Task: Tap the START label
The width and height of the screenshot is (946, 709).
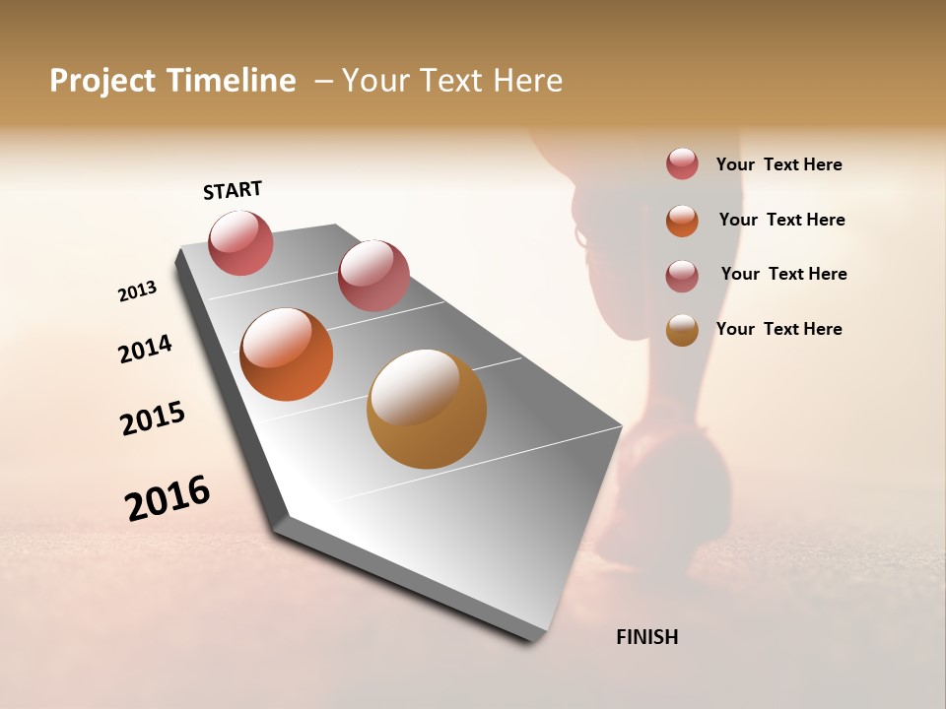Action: click(x=233, y=190)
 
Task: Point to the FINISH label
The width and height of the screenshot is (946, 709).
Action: click(x=647, y=637)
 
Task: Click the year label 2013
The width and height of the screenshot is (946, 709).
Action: click(x=137, y=291)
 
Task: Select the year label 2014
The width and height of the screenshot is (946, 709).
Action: click(x=145, y=349)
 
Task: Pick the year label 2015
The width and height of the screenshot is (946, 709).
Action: click(x=153, y=419)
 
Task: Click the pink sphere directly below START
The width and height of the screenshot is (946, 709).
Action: click(x=241, y=243)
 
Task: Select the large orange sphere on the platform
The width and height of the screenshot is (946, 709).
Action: click(x=287, y=354)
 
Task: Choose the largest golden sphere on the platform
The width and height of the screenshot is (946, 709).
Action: click(x=426, y=409)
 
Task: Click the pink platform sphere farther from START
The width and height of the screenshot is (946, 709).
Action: click(x=373, y=276)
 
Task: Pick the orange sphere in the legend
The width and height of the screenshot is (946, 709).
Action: click(x=682, y=221)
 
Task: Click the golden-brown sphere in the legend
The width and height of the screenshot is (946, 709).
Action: click(x=682, y=330)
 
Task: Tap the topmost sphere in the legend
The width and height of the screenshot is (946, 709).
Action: click(x=682, y=164)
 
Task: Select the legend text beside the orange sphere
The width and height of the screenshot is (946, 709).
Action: click(x=781, y=220)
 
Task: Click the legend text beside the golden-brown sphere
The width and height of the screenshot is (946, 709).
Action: click(x=778, y=329)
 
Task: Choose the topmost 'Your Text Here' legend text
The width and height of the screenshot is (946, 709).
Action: click(x=778, y=164)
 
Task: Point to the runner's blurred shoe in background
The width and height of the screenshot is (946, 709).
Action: click(x=670, y=483)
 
